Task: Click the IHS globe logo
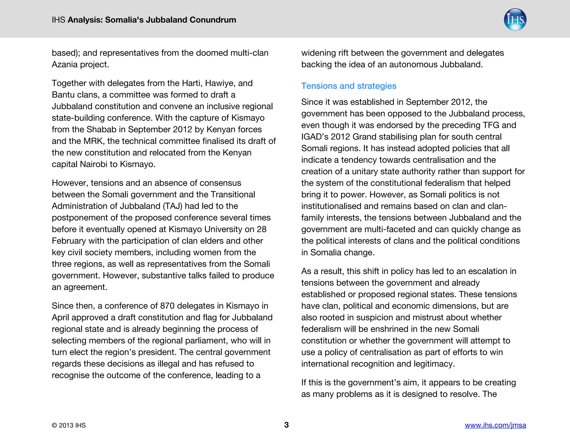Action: pos(515,20)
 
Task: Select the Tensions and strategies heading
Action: pos(348,86)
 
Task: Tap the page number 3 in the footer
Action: pos(286,425)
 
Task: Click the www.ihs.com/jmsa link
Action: pos(495,425)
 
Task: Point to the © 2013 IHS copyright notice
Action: pos(69,425)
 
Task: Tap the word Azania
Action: pos(65,65)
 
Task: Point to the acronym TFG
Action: pos(491,125)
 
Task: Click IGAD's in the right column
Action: pos(315,137)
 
